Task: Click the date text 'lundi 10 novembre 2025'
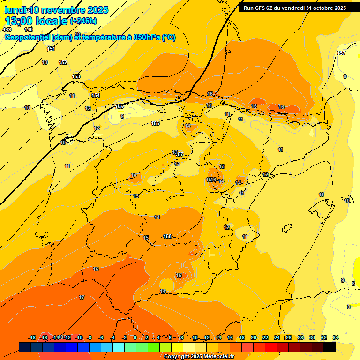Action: [56, 10]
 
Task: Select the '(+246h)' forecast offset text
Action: [83, 21]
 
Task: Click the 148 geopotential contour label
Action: [7, 30]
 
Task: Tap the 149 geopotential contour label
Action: [29, 30]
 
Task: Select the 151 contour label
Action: [51, 49]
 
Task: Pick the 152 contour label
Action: [63, 62]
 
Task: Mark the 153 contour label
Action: [76, 76]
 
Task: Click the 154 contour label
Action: [96, 95]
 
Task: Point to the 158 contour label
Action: [168, 236]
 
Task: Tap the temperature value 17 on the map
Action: [82, 297]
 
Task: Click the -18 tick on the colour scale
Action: [32, 337]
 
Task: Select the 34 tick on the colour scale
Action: [336, 337]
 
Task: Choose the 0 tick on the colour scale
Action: [135, 337]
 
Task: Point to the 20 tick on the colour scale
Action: [254, 337]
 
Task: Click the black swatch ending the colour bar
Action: [330, 347]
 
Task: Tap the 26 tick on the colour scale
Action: [289, 337]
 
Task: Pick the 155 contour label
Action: [120, 106]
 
